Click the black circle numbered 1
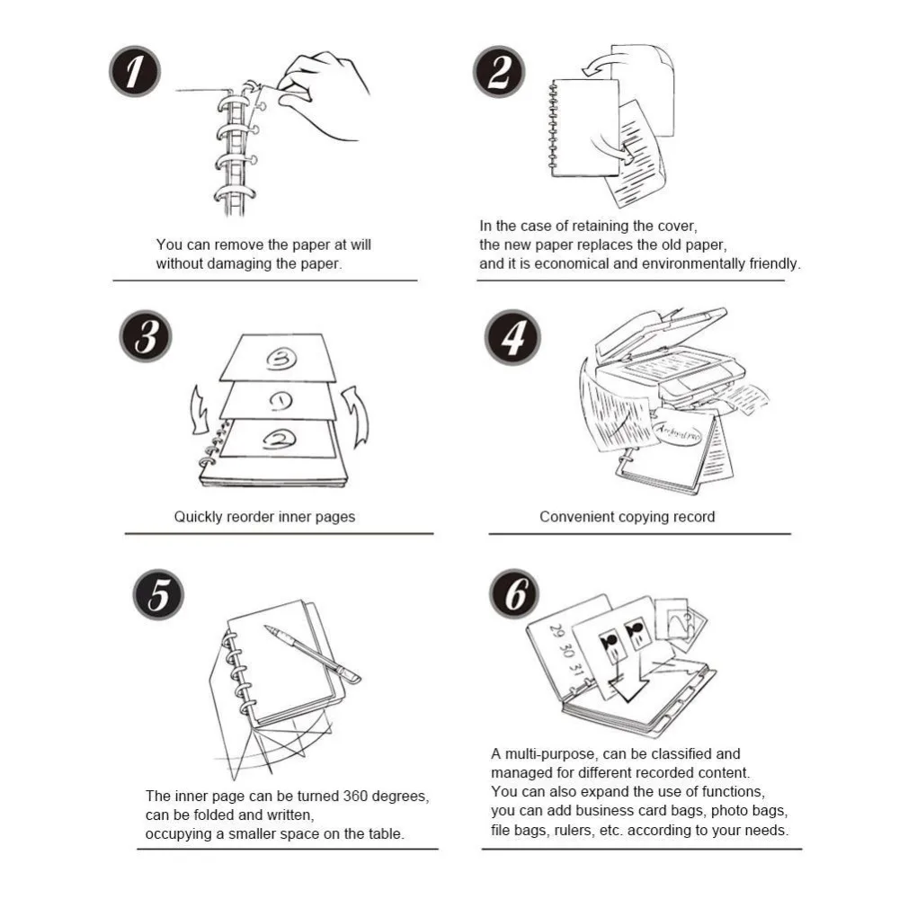pos(135,72)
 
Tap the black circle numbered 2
pos(499,72)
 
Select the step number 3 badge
pos(146,336)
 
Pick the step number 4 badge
pos(512,337)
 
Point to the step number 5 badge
pos(158,594)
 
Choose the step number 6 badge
pos(514,594)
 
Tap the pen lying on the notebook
pos(313,654)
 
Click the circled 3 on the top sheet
pos(281,359)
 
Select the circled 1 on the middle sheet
pos(280,401)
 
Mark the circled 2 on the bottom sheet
pos(280,440)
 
